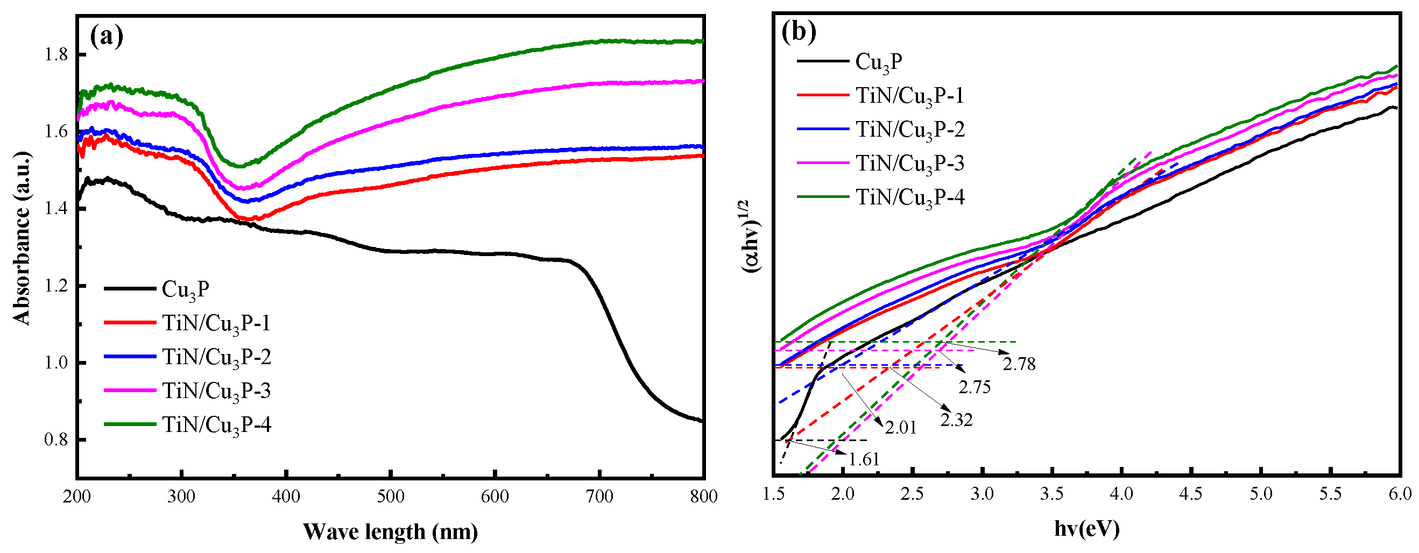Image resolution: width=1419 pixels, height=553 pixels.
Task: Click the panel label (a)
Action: coord(107,37)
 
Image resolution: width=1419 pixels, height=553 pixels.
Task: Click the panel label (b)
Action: coord(798,32)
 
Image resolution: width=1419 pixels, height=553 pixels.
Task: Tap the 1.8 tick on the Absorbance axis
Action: coord(55,55)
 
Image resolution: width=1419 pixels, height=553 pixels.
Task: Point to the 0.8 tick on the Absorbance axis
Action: coord(55,440)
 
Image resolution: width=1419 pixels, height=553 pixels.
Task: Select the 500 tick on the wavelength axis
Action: coord(391,497)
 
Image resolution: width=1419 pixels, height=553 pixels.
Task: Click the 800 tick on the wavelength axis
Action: coord(703,497)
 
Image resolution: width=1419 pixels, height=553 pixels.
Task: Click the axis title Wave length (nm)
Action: coord(390,531)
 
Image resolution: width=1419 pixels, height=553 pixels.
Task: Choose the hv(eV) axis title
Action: coord(1087,528)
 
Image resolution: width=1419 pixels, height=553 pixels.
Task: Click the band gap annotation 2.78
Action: coord(1019,364)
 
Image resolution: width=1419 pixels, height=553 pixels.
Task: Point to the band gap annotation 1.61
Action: coord(863,459)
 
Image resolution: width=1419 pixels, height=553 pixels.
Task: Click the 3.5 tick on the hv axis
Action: coord(1051,493)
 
